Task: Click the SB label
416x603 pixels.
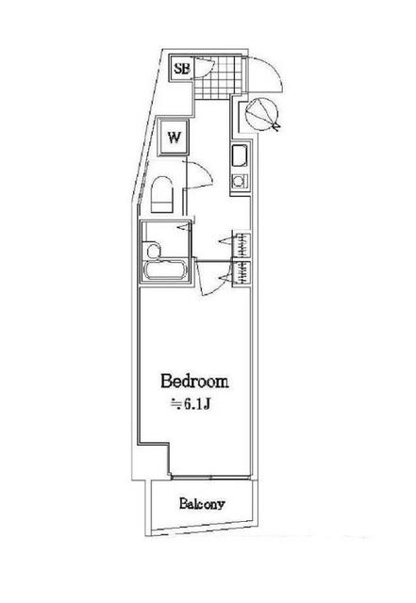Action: pyautogui.click(x=182, y=69)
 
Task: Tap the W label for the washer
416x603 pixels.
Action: pyautogui.click(x=175, y=138)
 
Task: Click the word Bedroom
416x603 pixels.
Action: pyautogui.click(x=194, y=381)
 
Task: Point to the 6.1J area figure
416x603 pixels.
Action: pyautogui.click(x=196, y=404)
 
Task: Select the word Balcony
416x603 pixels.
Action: pyautogui.click(x=202, y=503)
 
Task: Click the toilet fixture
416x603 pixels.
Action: pyautogui.click(x=162, y=194)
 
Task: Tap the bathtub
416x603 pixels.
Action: pyautogui.click(x=165, y=270)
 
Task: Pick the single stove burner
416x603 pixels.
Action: pyautogui.click(x=240, y=180)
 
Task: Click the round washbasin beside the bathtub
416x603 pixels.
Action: pyautogui.click(x=152, y=251)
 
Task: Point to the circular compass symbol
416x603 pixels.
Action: pyautogui.click(x=261, y=112)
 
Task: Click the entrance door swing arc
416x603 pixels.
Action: pyautogui.click(x=274, y=69)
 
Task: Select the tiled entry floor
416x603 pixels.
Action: pyautogui.click(x=219, y=77)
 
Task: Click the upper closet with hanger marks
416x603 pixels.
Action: pyautogui.click(x=241, y=244)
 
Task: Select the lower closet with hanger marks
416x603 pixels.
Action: pyautogui.click(x=241, y=274)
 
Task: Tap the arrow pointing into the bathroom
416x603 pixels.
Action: pyautogui.click(x=183, y=228)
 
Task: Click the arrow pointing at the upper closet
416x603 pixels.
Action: pyautogui.click(x=225, y=241)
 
